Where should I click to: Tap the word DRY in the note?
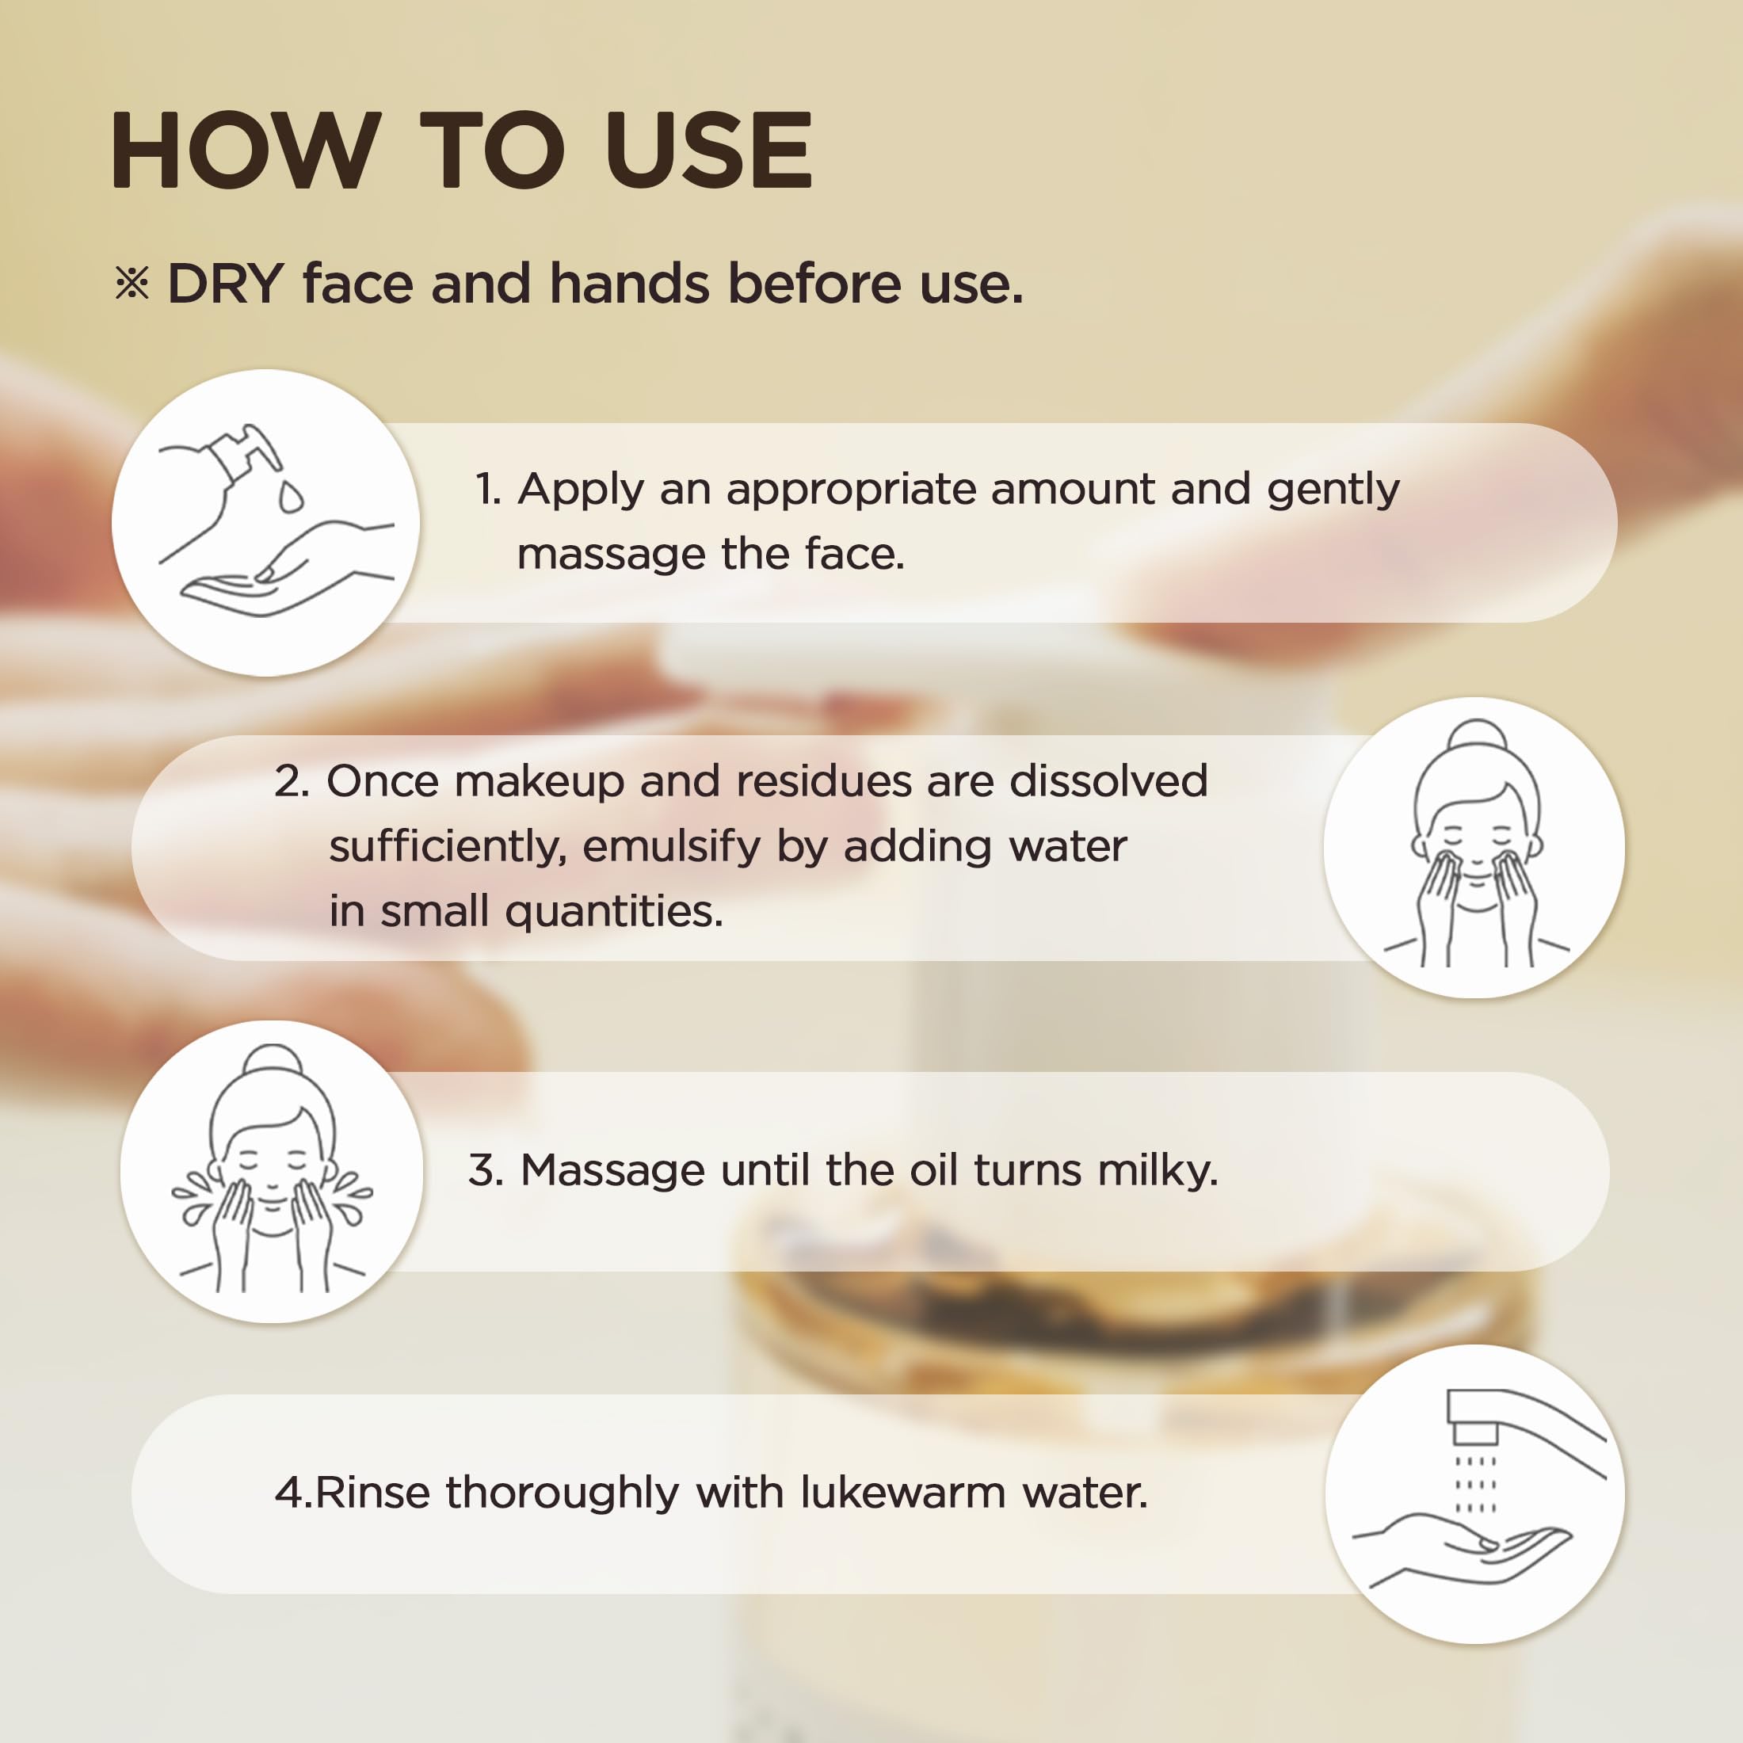[x=226, y=284]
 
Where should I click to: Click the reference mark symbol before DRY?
[x=132, y=284]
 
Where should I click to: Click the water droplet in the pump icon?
[x=291, y=496]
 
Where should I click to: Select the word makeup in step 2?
[x=540, y=781]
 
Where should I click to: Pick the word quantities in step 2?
[x=614, y=912]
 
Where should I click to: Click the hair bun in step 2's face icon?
[x=1477, y=735]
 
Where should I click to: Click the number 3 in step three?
[x=483, y=1170]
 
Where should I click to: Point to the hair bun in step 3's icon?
[x=273, y=1061]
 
